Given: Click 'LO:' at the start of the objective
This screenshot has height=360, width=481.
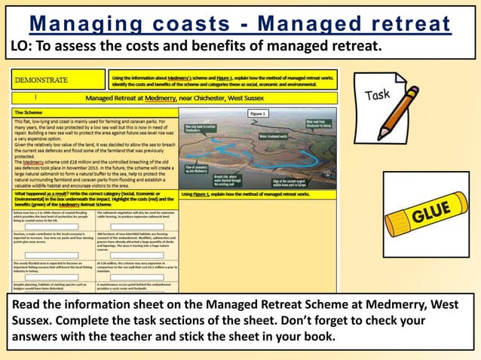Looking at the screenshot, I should click(x=23, y=47).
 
